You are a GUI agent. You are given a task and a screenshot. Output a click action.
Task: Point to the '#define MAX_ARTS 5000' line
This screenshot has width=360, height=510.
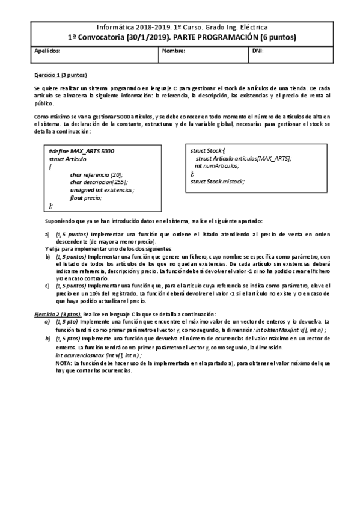point(75,151)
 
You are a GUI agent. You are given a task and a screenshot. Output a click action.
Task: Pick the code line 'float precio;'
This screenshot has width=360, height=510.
point(85,198)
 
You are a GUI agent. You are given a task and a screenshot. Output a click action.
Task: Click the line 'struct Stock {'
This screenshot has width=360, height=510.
point(207,151)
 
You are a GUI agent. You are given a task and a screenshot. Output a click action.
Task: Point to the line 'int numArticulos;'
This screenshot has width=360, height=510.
point(216,165)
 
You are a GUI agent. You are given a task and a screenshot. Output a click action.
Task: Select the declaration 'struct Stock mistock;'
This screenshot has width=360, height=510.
point(217,181)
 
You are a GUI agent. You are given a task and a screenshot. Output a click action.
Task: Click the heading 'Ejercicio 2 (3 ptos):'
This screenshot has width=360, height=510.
point(58,314)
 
